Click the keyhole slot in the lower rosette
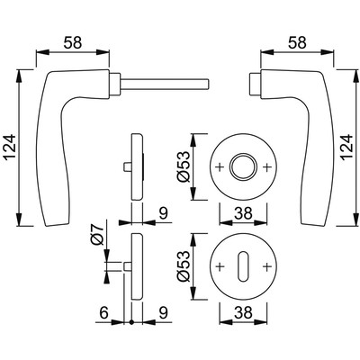click(243, 268)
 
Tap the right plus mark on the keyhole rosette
click(265, 268)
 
